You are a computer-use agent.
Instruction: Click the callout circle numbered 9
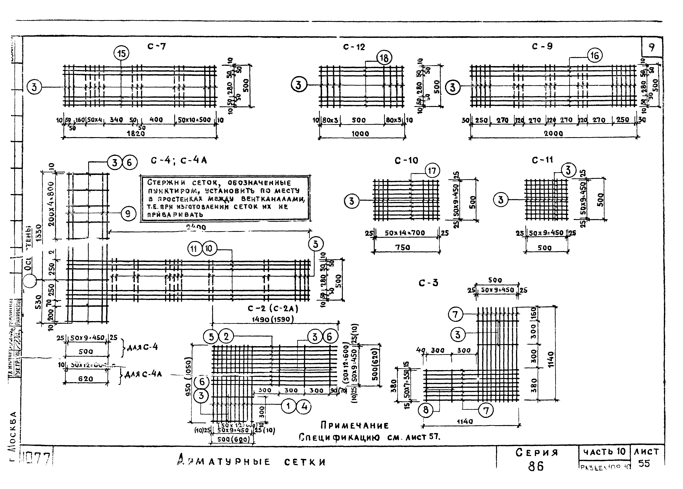[128, 214]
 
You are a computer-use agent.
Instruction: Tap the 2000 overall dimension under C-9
[553, 133]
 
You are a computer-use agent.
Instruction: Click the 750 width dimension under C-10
[403, 247]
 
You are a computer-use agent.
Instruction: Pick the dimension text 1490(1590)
[273, 319]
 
